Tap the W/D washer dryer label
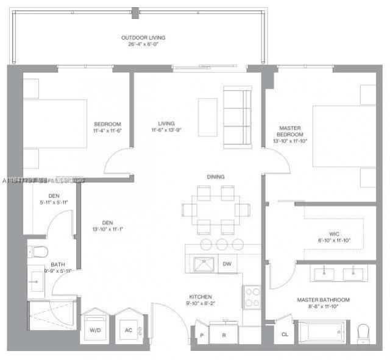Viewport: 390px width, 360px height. tap(95, 330)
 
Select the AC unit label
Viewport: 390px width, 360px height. tap(128, 330)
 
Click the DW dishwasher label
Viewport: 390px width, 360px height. tap(227, 264)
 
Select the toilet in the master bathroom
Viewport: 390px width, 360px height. tap(364, 333)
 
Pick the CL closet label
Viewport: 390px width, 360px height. tap(285, 334)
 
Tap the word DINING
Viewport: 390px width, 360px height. tap(215, 177)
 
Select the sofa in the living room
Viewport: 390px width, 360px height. tap(237, 118)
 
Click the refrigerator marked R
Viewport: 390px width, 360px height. tap(224, 334)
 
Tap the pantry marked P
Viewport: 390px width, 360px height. tap(201, 335)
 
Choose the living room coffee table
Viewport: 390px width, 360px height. tap(207, 117)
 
